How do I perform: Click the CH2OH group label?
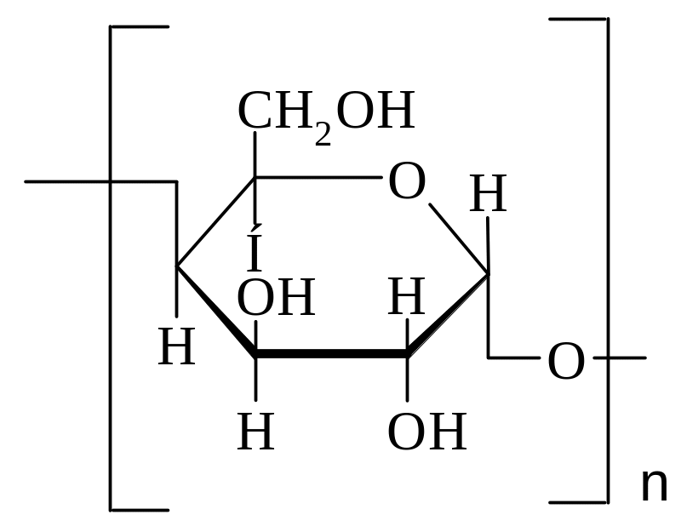pyautogui.click(x=326, y=114)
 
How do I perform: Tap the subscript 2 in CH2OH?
pyautogui.click(x=323, y=134)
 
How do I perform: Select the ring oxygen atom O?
pyautogui.click(x=407, y=180)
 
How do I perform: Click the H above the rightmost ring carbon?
pyautogui.click(x=488, y=193)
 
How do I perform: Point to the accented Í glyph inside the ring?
pyautogui.click(x=255, y=248)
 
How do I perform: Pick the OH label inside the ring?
pyautogui.click(x=276, y=298)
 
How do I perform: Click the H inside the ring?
pyautogui.click(x=406, y=296)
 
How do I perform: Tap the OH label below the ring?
pyautogui.click(x=427, y=432)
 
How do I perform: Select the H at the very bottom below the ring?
pyautogui.click(x=256, y=432)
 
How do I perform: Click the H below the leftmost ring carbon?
pyautogui.click(x=176, y=347)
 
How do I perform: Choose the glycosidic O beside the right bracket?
pyautogui.click(x=566, y=361)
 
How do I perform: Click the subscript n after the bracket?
pyautogui.click(x=654, y=485)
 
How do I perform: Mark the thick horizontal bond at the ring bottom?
pyautogui.click(x=331, y=353)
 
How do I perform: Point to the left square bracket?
pyautogui.click(x=111, y=268)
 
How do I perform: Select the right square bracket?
pyautogui.click(x=608, y=260)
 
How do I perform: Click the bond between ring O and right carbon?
pyautogui.click(x=459, y=239)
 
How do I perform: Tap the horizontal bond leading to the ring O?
pyautogui.click(x=318, y=177)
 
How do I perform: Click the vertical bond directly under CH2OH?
pyautogui.click(x=255, y=154)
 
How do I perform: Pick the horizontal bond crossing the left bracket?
pyautogui.click(x=100, y=181)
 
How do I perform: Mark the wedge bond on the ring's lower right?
pyautogui.click(x=448, y=314)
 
